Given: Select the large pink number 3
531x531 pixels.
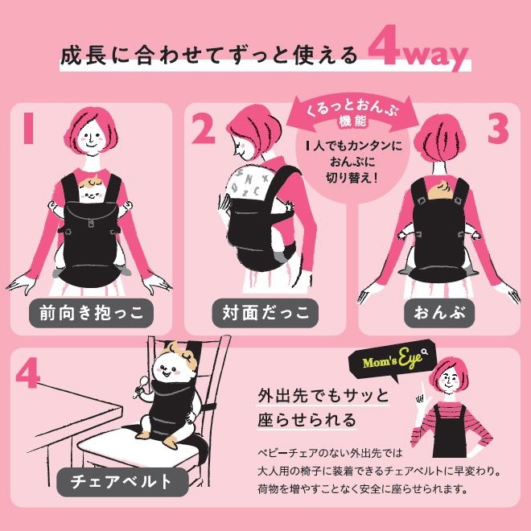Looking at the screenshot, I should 498,129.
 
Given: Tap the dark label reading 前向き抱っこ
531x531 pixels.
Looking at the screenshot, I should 91,312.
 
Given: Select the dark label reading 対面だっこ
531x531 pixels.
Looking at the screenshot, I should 265,312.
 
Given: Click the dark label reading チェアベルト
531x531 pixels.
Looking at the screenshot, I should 121,483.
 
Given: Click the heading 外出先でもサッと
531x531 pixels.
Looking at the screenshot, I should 323,397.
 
